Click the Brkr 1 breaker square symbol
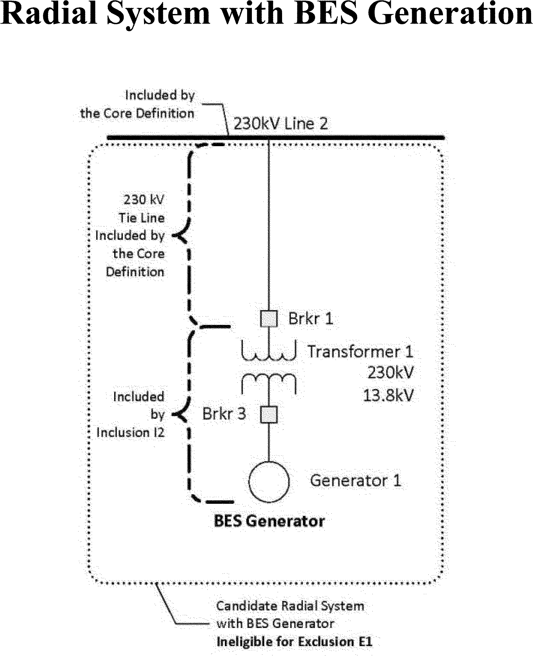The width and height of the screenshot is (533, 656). click(269, 319)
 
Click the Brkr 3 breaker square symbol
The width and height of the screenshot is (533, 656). click(269, 415)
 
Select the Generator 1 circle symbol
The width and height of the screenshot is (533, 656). click(269, 481)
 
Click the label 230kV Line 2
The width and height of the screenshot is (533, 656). click(280, 124)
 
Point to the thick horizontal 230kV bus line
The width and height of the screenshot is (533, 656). click(350, 138)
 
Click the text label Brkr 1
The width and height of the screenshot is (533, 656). click(311, 318)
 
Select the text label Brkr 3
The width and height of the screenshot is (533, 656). click(224, 414)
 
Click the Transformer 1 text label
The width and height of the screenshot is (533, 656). click(361, 352)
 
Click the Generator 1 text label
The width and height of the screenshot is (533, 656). click(356, 481)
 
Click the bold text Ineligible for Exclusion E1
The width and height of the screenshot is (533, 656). click(294, 641)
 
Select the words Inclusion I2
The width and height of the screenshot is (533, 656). click(130, 432)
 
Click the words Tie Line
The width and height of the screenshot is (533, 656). click(142, 218)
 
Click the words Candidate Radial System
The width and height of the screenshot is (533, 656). click(290, 606)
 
